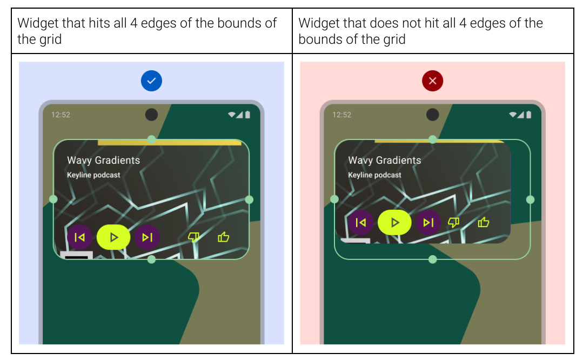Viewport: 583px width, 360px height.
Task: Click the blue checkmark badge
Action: point(151,81)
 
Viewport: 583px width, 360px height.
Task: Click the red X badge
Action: point(432,81)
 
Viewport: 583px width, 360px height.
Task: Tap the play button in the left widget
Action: point(113,237)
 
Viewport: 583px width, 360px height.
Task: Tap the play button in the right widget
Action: point(394,222)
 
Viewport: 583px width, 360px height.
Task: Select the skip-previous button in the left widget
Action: point(79,237)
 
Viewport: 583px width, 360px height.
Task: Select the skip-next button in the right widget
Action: point(428,222)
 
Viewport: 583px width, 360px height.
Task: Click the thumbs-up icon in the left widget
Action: point(223,237)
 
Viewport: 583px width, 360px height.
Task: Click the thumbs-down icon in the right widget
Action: point(454,222)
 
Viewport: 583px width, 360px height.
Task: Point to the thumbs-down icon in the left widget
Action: point(193,237)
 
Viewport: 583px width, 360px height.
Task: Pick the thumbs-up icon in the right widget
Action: point(484,222)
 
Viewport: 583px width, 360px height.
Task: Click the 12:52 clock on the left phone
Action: point(61,115)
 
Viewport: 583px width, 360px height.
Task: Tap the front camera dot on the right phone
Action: point(432,115)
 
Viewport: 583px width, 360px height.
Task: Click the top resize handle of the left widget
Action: point(151,139)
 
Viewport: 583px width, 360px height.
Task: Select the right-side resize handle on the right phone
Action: point(530,199)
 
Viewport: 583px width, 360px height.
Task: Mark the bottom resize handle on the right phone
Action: point(432,259)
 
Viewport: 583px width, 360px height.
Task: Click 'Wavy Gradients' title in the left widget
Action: point(103,160)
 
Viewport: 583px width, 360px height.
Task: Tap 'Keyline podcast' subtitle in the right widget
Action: point(374,175)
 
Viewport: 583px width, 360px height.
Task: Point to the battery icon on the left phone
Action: point(247,115)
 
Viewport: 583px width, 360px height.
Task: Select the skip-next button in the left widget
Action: point(147,237)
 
